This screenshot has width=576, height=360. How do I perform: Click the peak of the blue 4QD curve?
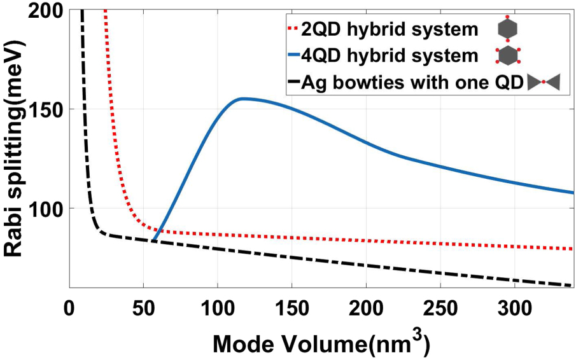242,99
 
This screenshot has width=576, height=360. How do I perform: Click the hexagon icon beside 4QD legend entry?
507,55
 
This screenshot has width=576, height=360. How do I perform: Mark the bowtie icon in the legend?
544,83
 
